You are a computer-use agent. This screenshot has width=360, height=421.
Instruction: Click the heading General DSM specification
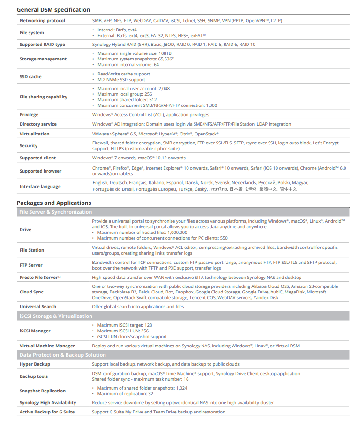[x=53, y=9]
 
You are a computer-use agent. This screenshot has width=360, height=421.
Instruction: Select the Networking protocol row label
[x=42, y=21]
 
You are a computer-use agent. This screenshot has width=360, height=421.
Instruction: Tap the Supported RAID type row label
[x=42, y=45]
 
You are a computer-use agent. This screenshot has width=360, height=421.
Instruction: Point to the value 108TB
[x=165, y=53]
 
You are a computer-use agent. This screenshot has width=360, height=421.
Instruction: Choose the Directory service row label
[x=38, y=124]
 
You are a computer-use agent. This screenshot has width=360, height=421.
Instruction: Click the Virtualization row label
[x=35, y=134]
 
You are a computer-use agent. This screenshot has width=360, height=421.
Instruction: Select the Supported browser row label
[x=40, y=171]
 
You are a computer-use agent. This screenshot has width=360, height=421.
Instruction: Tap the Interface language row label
[x=40, y=186]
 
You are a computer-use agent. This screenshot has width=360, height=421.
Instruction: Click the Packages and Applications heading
[x=54, y=203]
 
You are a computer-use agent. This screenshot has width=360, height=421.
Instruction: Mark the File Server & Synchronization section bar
[x=55, y=212]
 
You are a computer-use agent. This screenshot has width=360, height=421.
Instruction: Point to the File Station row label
[x=32, y=250]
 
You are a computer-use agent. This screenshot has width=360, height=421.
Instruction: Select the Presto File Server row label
[x=38, y=278]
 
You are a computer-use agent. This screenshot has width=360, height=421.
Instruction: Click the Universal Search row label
[x=38, y=307]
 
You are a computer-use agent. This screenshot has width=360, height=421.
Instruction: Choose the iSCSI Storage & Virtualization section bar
[x=55, y=316]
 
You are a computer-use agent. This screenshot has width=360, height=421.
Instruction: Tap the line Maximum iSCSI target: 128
[x=125, y=325]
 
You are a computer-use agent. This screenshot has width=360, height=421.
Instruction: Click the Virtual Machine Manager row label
[x=47, y=346]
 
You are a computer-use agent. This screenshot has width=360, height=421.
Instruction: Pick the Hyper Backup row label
[x=35, y=364]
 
